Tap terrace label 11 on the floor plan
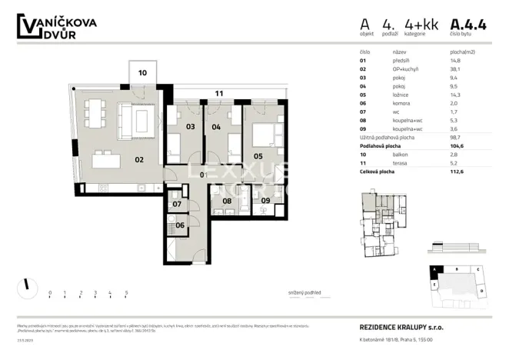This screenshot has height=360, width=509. [219, 93]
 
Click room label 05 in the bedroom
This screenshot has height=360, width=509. [258, 156]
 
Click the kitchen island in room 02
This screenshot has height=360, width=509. [108, 162]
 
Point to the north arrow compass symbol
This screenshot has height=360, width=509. [27, 285]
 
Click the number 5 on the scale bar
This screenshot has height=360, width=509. [126, 293]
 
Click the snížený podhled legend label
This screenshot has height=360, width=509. [305, 293]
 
